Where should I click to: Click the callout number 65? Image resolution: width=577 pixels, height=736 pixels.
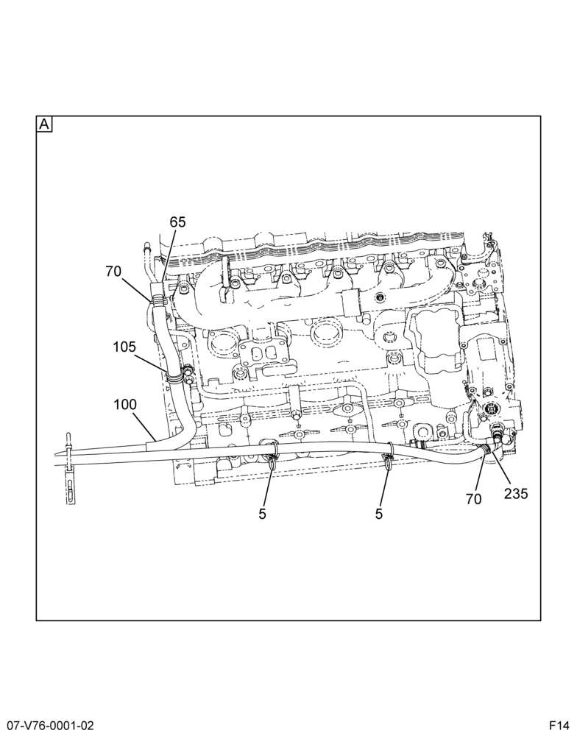(177, 222)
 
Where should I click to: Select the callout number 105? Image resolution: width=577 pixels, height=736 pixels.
(124, 347)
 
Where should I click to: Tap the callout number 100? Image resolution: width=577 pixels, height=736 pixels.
(125, 405)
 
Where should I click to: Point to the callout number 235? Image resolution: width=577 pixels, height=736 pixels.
(516, 493)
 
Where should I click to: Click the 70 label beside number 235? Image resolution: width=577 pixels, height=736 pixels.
(474, 499)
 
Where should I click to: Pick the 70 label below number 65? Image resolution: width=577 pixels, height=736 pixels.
(113, 272)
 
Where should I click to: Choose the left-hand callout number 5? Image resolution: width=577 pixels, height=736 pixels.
(262, 514)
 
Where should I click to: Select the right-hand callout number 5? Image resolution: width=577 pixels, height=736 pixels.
(379, 514)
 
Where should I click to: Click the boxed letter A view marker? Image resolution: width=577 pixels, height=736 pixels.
(44, 124)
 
